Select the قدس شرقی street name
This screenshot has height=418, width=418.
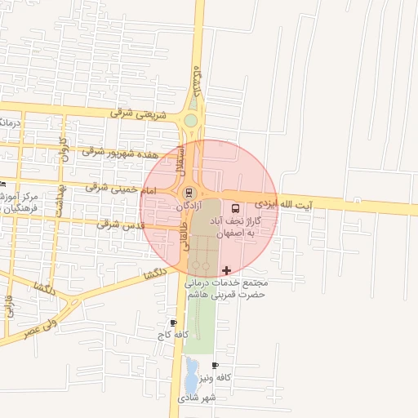coord(119,223)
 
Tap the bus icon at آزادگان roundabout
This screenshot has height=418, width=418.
coord(189,193)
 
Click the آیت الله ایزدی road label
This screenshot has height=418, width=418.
coord(283,202)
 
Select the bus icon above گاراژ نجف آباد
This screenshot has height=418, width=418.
coord(236,207)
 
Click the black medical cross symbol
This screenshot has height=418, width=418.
coord(226,269)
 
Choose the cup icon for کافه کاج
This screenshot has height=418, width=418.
coord(172,322)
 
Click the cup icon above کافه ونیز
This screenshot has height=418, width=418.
coord(215,365)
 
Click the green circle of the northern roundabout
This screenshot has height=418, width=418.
coord(190,121)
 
